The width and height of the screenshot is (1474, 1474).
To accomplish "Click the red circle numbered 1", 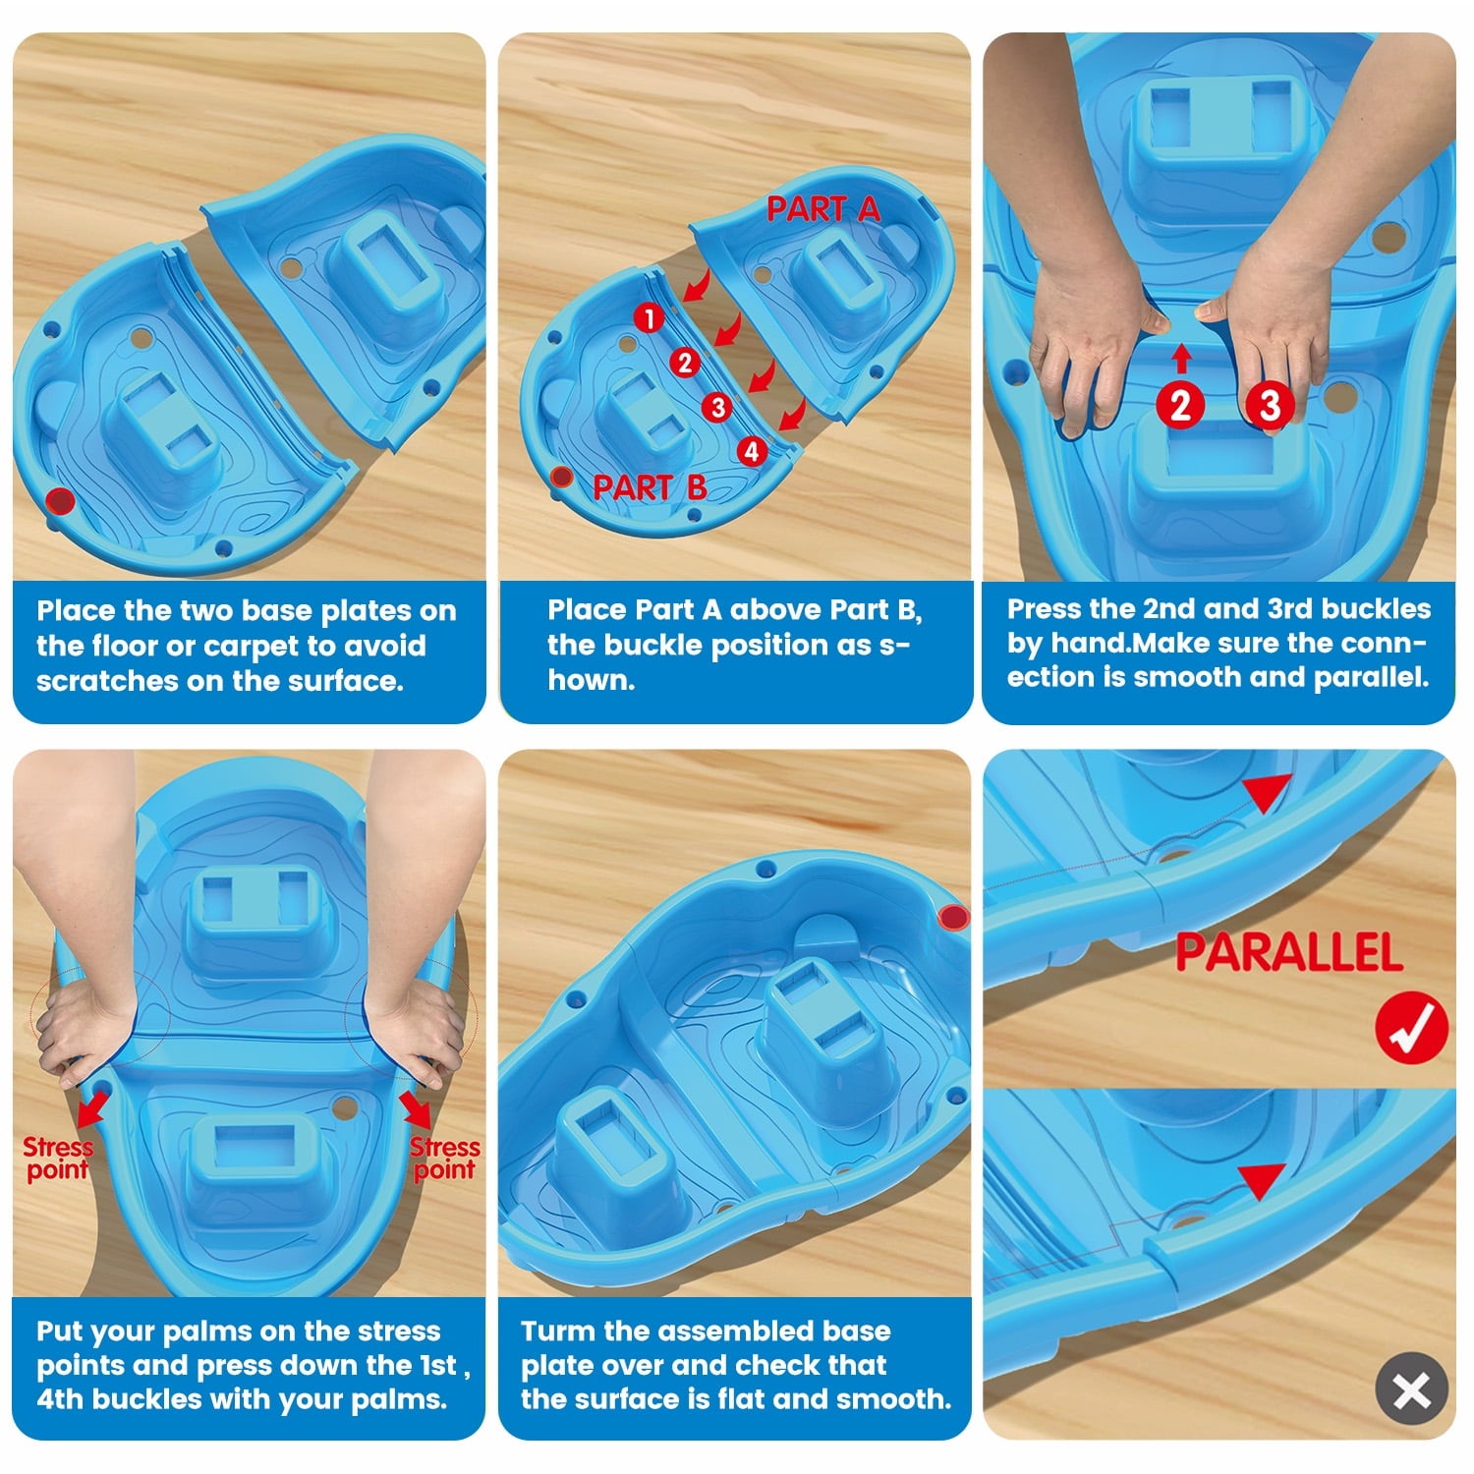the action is tap(649, 318).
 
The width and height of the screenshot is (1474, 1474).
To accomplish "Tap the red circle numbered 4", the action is tap(752, 451).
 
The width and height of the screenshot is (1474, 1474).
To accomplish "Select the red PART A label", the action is tap(823, 209).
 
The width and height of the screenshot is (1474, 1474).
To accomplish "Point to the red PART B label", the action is tap(650, 487).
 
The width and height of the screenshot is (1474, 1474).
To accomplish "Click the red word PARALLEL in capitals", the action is tap(1289, 952).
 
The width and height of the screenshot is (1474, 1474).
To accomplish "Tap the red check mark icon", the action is tap(1411, 1028).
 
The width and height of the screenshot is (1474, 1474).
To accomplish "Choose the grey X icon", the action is tap(1412, 1389).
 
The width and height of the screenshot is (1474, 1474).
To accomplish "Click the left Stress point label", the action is tap(58, 1159).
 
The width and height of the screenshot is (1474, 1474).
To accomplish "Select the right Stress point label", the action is tap(444, 1159).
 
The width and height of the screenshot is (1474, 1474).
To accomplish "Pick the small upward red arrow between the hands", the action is tap(1182, 358).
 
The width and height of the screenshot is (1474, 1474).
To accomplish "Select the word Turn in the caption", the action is tap(558, 1331).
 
